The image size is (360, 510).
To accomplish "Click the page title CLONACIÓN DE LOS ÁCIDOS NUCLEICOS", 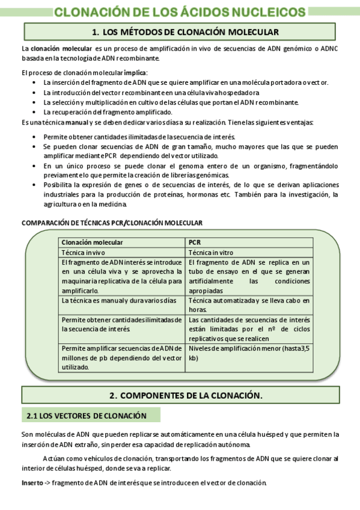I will tap(180, 12).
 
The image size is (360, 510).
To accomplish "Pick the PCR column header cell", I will tap(195, 242).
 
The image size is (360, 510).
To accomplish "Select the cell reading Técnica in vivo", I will tap(84, 253).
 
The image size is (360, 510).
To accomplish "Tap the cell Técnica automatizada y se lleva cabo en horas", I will tap(249, 305).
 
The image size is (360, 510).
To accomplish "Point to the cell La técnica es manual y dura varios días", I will tap(119, 300).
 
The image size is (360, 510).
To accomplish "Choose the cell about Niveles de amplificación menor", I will tap(249, 353).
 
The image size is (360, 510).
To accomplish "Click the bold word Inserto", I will tap(32, 483).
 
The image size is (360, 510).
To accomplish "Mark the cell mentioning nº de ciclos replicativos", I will tap(249, 329).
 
